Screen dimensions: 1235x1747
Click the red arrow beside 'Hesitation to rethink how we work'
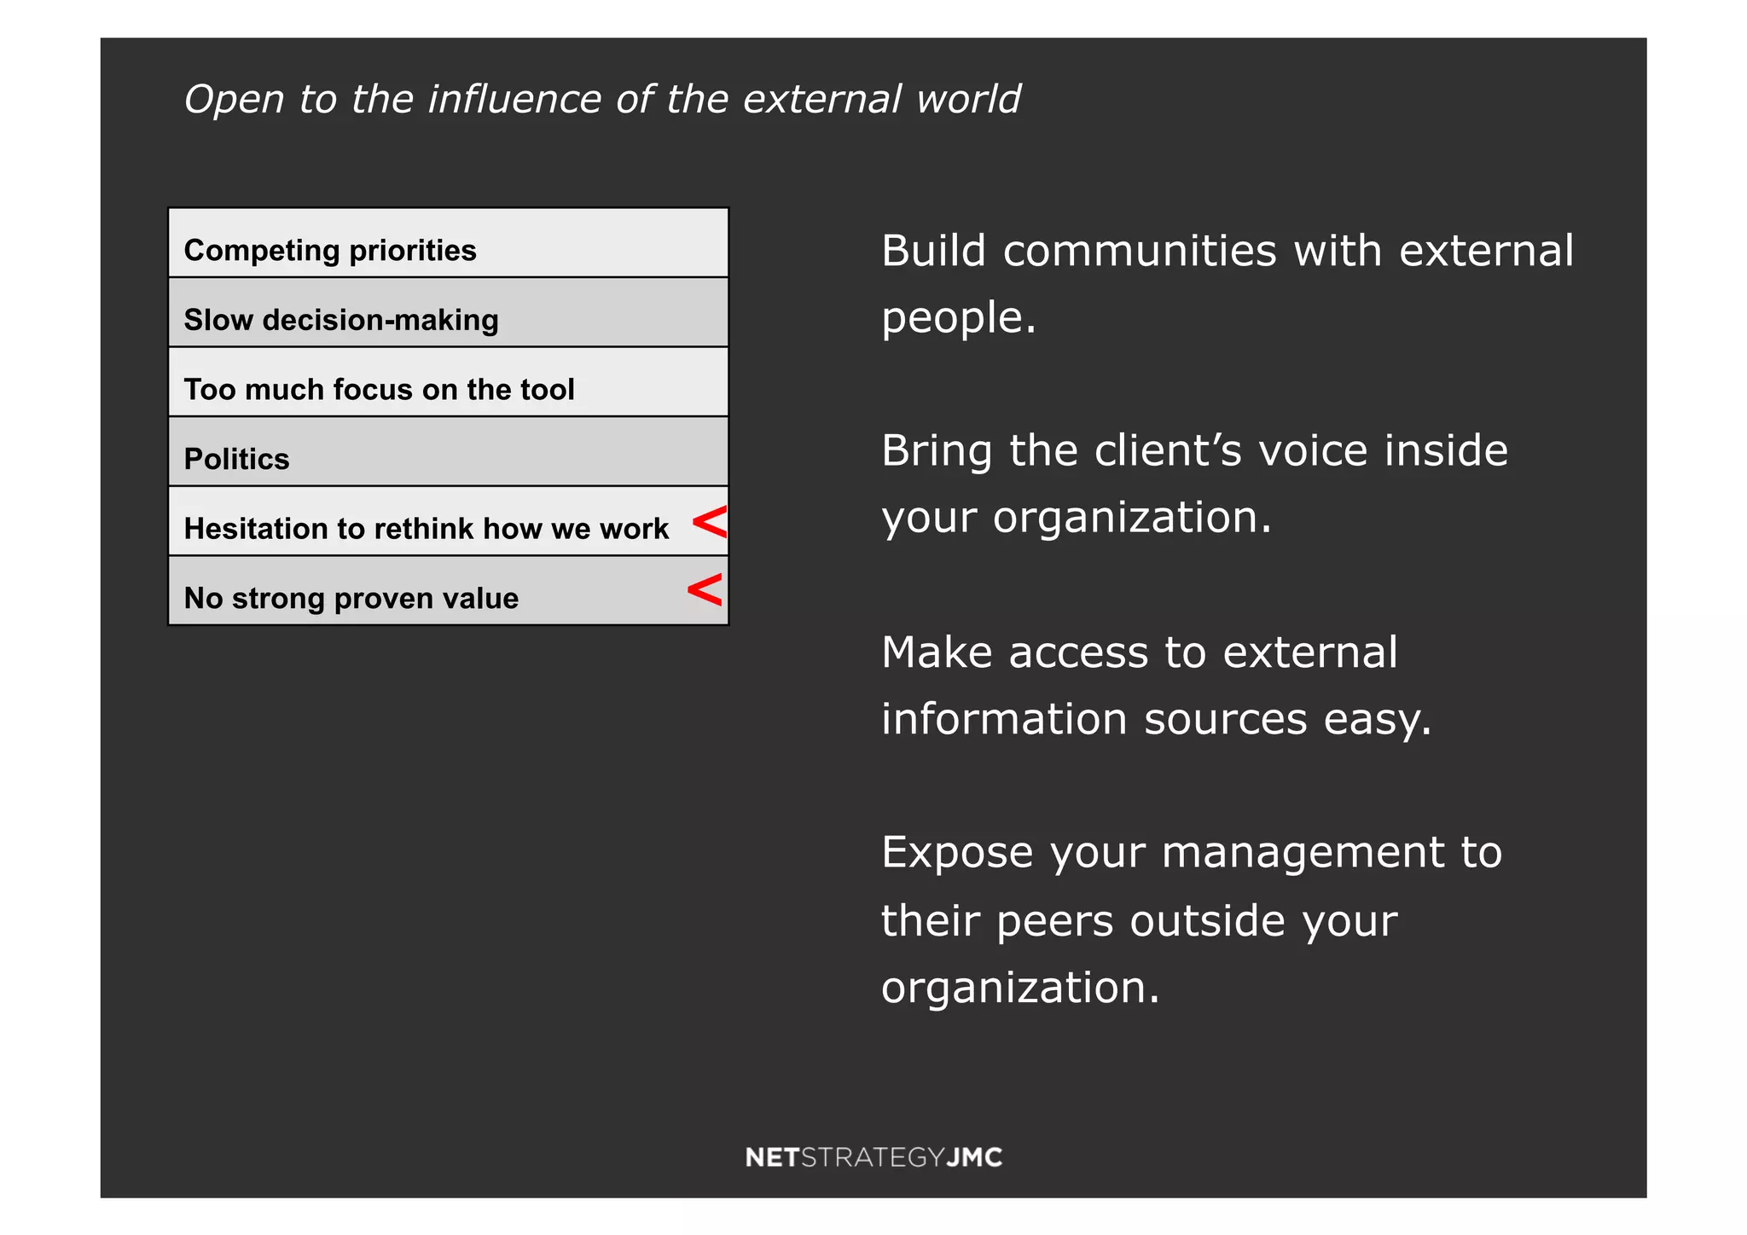tap(710, 522)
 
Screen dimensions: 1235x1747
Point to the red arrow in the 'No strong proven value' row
tap(705, 589)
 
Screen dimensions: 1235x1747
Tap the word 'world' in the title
tap(968, 99)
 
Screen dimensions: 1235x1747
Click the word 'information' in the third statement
tap(1003, 718)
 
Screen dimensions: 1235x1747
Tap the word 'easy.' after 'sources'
tap(1377, 718)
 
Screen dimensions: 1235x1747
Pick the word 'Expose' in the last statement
tap(957, 852)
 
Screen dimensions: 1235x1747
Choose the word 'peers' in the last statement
tap(1054, 920)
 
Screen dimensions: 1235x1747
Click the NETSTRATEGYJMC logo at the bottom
tap(873, 1157)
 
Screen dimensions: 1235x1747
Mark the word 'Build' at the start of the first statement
tap(933, 251)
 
